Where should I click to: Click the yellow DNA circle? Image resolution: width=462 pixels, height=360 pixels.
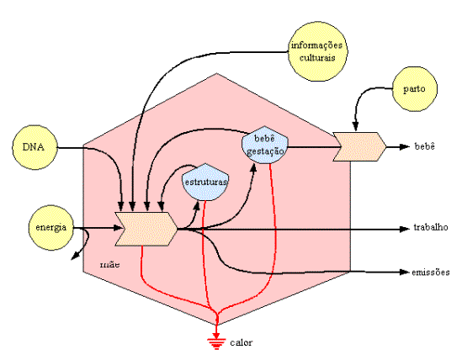coord(35,147)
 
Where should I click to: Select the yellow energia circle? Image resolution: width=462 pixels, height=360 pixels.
coord(51,227)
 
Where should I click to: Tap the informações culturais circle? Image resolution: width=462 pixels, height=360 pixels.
coord(317,51)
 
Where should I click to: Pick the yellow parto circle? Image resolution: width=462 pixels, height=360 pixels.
coord(415,89)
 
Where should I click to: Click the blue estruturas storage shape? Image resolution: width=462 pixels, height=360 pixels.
coord(205,182)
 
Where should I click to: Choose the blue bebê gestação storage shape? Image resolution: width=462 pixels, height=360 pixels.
coord(264,145)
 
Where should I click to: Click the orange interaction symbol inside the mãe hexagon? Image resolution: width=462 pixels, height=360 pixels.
coord(146,229)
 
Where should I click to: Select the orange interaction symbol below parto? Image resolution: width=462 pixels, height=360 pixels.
coord(359,146)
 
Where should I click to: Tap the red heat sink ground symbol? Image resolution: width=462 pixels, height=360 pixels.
coord(216,343)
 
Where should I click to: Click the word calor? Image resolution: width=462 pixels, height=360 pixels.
coord(242,342)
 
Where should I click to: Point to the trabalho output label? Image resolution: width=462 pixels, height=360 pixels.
coord(431,227)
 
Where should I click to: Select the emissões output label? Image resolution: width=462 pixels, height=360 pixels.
coord(431,272)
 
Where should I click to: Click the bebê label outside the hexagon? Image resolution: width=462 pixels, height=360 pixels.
coord(424,146)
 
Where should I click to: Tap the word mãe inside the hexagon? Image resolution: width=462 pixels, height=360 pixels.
coord(110,264)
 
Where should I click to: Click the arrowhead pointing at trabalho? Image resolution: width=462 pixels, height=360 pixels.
coord(405,229)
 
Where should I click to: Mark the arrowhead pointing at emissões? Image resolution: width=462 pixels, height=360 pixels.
coord(405,273)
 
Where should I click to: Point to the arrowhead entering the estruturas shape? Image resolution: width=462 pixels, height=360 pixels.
coord(197,204)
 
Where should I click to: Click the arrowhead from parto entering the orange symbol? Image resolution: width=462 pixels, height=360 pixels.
coord(356,126)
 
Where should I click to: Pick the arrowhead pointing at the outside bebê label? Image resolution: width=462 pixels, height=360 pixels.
coord(405,146)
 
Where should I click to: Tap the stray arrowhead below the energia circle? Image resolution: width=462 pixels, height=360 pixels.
coord(76,256)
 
